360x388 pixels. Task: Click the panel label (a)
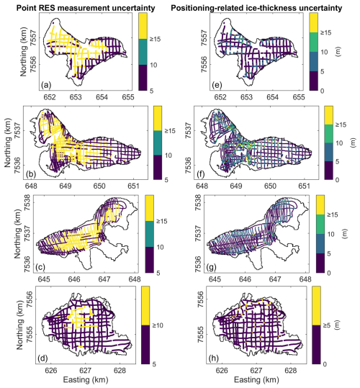(x=46, y=85)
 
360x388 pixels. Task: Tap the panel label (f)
(x=201, y=174)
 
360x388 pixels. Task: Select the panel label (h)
(x=214, y=358)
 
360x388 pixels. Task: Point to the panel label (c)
(x=40, y=267)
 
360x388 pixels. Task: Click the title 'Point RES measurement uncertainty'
(x=86, y=8)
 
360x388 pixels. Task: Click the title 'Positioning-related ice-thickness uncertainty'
(x=256, y=8)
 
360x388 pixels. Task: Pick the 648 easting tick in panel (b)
(x=32, y=186)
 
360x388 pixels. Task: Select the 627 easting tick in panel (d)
(x=86, y=371)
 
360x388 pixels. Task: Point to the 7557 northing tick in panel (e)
(x=204, y=37)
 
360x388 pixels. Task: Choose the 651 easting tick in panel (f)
(x=304, y=186)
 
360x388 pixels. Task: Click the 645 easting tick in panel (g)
(x=215, y=279)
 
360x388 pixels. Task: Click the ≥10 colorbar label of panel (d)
(x=158, y=325)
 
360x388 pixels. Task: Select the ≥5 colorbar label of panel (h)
(x=327, y=325)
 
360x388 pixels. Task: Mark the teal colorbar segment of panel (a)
(x=143, y=52)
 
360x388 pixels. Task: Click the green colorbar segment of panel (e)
(x=314, y=42)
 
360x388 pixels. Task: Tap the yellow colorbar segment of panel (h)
(x=317, y=306)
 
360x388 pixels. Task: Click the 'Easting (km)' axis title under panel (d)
(x=86, y=380)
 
